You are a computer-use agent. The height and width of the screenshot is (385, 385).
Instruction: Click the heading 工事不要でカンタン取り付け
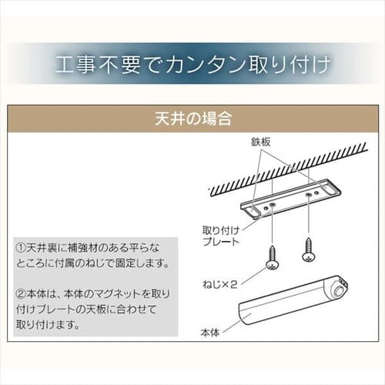(192, 64)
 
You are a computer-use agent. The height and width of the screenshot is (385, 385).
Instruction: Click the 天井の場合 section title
(193, 119)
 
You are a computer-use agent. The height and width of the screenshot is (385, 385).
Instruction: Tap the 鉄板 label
(261, 142)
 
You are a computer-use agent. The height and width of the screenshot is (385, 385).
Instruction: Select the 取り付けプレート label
(221, 236)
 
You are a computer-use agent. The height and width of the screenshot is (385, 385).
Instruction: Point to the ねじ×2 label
(219, 284)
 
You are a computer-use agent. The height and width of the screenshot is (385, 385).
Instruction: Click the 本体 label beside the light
(210, 333)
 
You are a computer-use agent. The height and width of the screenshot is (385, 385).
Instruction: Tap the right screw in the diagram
(308, 249)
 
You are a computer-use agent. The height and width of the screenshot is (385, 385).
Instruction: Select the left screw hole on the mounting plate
(272, 205)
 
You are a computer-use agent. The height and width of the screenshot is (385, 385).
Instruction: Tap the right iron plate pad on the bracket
(330, 190)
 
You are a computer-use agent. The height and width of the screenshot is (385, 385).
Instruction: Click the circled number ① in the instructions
(21, 248)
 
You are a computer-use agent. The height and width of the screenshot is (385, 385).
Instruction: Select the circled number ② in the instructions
(21, 294)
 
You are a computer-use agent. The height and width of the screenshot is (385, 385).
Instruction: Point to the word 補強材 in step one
(84, 248)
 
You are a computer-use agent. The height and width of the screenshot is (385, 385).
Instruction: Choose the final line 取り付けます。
(49, 325)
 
